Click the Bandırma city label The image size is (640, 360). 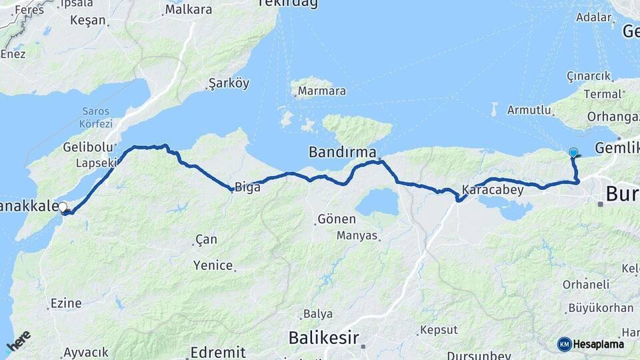342,152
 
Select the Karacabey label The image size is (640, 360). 492,189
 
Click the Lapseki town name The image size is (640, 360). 96,163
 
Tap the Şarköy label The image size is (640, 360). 229,83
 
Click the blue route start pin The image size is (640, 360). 573,153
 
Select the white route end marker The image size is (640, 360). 63,207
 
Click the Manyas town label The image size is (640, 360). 357,235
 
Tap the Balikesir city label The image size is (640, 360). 324,338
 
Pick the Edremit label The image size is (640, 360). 217,352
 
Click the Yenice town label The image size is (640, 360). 213,265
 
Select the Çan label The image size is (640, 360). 206,239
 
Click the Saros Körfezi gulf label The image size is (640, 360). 97,117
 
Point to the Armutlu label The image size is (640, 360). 529,110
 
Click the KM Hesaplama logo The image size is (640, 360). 591,344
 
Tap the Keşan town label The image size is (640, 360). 88,20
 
